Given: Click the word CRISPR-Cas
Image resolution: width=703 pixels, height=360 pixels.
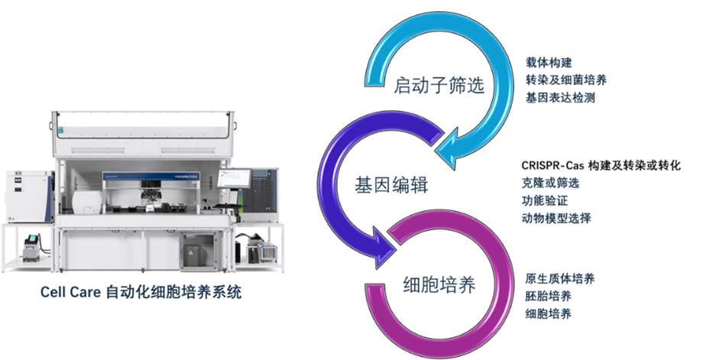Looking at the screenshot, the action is tap(546, 165).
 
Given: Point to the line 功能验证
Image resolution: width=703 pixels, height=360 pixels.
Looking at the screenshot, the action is tap(540, 200).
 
